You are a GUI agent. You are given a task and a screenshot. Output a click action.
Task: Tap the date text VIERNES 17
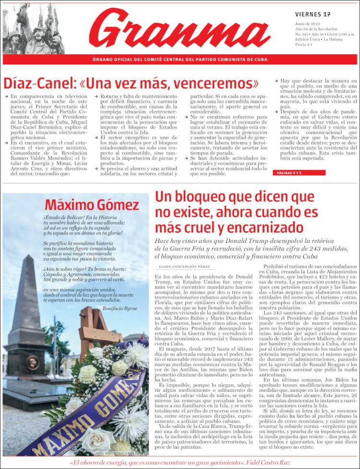tap(312, 14)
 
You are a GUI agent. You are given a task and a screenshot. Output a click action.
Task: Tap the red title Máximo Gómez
tap(92, 205)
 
